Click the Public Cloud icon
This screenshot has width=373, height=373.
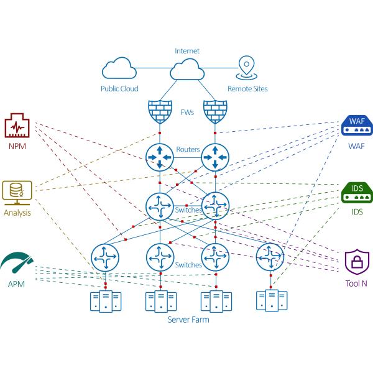pos(119,68)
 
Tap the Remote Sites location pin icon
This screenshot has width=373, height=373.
pos(247,66)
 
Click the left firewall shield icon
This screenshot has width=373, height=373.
pos(160,113)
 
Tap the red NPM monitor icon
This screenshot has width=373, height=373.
pos(17,126)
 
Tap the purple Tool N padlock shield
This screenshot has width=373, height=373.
pos(356,262)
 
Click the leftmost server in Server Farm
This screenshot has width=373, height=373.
pos(105,301)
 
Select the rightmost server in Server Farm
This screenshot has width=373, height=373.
pos(270,300)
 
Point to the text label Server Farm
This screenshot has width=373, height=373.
pos(188,320)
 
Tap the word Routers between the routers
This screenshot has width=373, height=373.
pos(187,150)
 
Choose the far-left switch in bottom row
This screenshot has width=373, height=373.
pos(105,256)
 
